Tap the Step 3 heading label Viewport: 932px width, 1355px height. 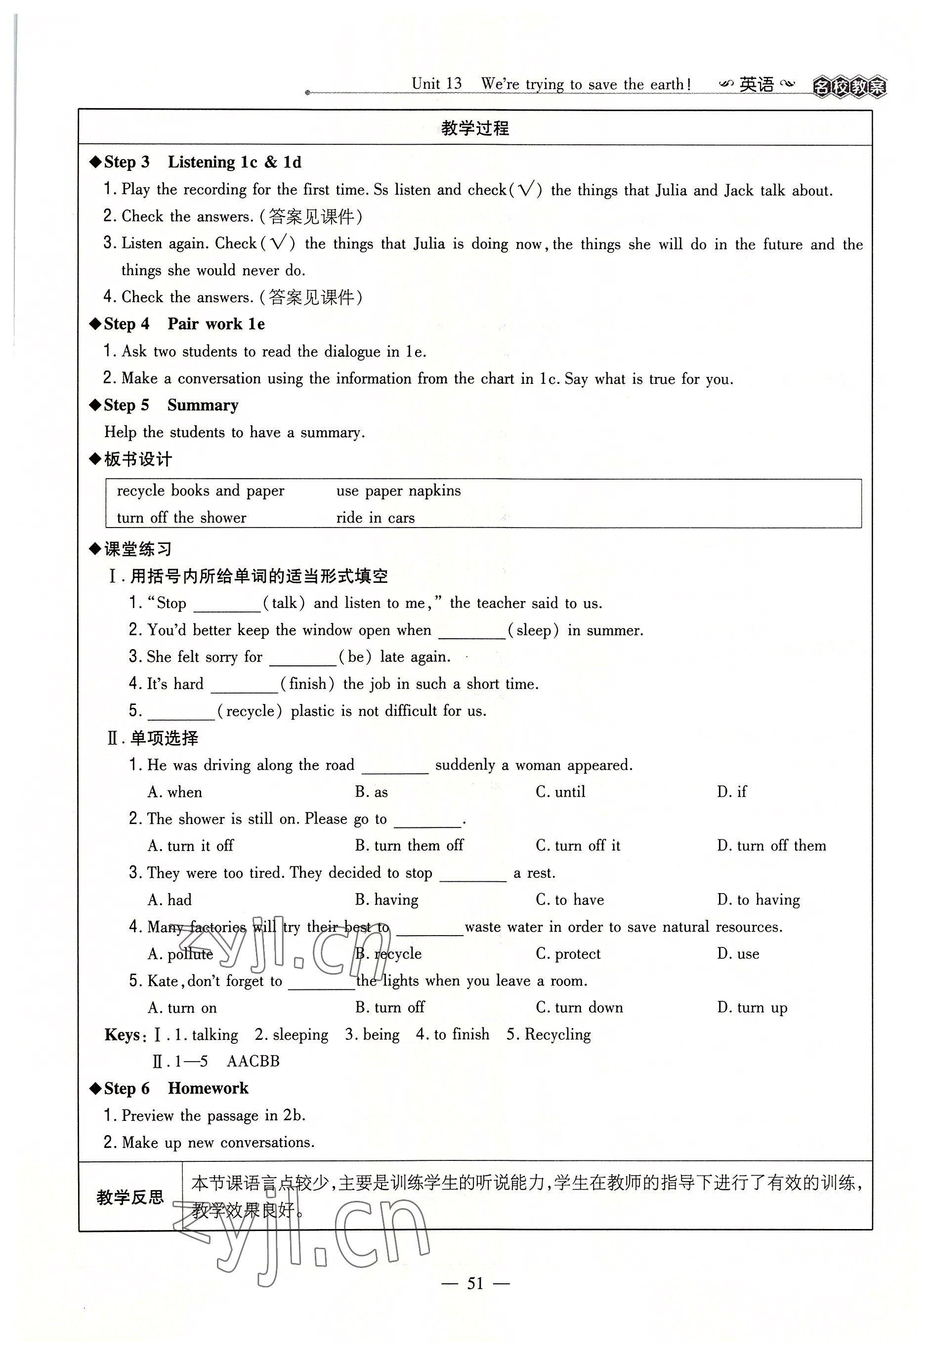point(126,163)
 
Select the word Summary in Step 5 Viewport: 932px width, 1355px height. point(203,405)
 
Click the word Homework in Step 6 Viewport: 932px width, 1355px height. point(208,1088)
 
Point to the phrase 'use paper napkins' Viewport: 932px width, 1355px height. point(398,491)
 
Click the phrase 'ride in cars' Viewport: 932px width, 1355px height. point(376,518)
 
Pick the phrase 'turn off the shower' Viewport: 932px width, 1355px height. point(182,518)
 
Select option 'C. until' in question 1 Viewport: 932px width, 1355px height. point(560,792)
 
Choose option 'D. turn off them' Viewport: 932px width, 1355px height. point(771,845)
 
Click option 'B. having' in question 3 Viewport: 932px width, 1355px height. point(386,900)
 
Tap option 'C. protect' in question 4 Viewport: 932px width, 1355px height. point(568,953)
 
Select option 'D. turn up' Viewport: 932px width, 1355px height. point(752,1008)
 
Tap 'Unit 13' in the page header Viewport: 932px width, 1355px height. point(436,84)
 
